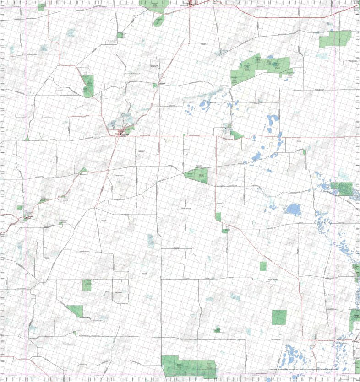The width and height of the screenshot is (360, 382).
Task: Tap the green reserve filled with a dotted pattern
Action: click(342, 188)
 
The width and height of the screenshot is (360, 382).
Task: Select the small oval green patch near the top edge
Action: click(159, 20)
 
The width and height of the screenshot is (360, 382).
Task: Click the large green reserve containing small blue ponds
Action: click(261, 67)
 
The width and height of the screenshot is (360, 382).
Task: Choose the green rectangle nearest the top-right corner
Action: click(336, 39)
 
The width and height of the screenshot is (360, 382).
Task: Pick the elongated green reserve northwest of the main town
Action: click(88, 85)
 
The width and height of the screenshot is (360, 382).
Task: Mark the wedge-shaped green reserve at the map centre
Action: click(197, 175)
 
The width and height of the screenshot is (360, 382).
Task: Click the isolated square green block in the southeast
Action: click(279, 317)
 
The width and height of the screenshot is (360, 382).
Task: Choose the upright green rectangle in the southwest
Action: click(87, 285)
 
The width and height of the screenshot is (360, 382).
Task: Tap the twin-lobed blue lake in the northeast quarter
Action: click(272, 120)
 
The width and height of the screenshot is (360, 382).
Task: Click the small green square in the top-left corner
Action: click(42, 7)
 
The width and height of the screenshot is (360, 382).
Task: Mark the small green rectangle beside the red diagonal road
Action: click(263, 266)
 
